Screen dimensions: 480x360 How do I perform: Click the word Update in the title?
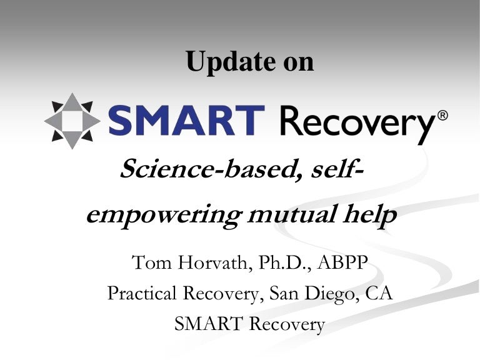coord(230,62)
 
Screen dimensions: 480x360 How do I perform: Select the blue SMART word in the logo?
coord(186,120)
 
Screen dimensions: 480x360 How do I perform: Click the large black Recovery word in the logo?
coord(357,124)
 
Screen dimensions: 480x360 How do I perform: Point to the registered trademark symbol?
coord(442,116)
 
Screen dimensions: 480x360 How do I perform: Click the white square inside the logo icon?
coord(72,121)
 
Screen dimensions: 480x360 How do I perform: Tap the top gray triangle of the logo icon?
coord(72,102)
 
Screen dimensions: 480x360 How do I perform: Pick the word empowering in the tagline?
coord(164,216)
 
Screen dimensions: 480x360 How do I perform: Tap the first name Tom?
coord(151,262)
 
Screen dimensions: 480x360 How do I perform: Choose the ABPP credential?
coord(342,262)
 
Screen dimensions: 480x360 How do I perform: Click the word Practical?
coord(142,293)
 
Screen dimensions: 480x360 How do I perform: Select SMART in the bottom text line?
coord(208,324)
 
